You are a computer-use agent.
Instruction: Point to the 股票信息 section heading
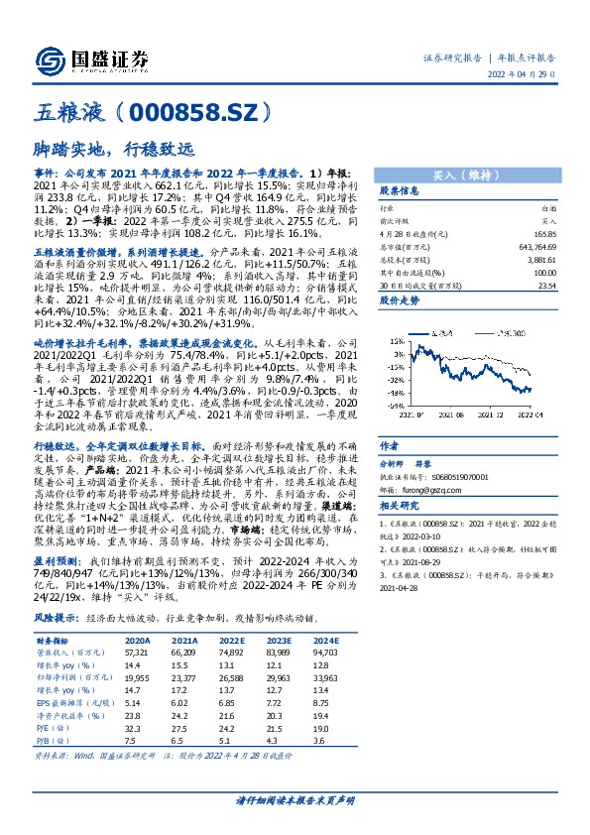tap(400, 191)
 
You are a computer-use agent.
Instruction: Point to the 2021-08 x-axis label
tap(435, 417)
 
